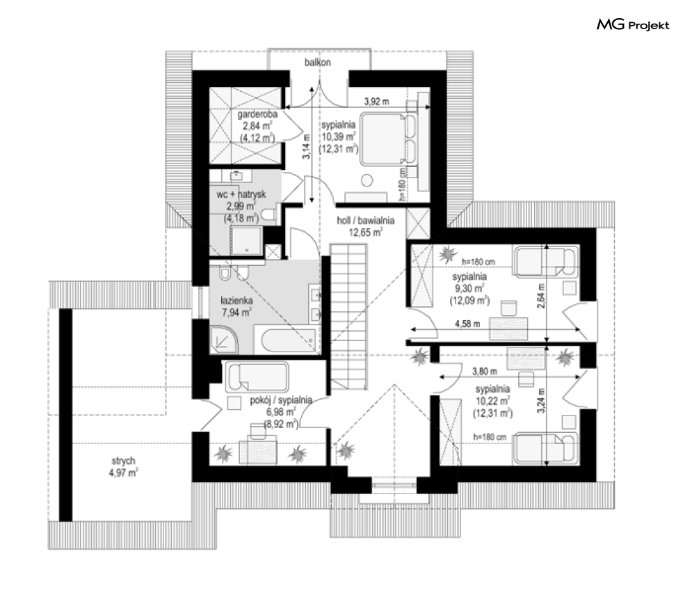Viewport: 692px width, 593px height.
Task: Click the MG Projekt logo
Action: pyautogui.click(x=633, y=25)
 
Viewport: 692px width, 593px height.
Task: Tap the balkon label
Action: pyautogui.click(x=317, y=62)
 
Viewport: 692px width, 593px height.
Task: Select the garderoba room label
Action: pyautogui.click(x=257, y=114)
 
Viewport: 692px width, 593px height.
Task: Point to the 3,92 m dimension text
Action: pyautogui.click(x=376, y=101)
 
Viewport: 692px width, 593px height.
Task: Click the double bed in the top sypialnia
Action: pyautogui.click(x=388, y=139)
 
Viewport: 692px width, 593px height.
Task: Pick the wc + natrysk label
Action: pyautogui.click(x=241, y=194)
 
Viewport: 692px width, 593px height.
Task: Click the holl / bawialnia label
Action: pyautogui.click(x=365, y=221)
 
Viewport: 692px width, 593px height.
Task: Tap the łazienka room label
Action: pyautogui.click(x=236, y=301)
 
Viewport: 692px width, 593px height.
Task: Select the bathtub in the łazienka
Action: pyautogui.click(x=289, y=340)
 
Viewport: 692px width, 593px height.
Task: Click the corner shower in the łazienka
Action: pyautogui.click(x=224, y=339)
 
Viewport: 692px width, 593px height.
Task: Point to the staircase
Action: pyautogui.click(x=348, y=316)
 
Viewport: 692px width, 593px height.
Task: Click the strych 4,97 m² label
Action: pyautogui.click(x=124, y=467)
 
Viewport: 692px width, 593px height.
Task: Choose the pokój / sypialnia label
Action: pyautogui.click(x=281, y=400)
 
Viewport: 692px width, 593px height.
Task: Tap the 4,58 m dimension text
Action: pyautogui.click(x=467, y=324)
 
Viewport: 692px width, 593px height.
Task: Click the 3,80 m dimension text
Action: pyautogui.click(x=485, y=372)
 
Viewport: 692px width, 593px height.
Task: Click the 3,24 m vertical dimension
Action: pyautogui.click(x=542, y=400)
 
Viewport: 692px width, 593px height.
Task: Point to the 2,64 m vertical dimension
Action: pyautogui.click(x=542, y=295)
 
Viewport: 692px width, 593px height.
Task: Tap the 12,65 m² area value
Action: pyautogui.click(x=365, y=232)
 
